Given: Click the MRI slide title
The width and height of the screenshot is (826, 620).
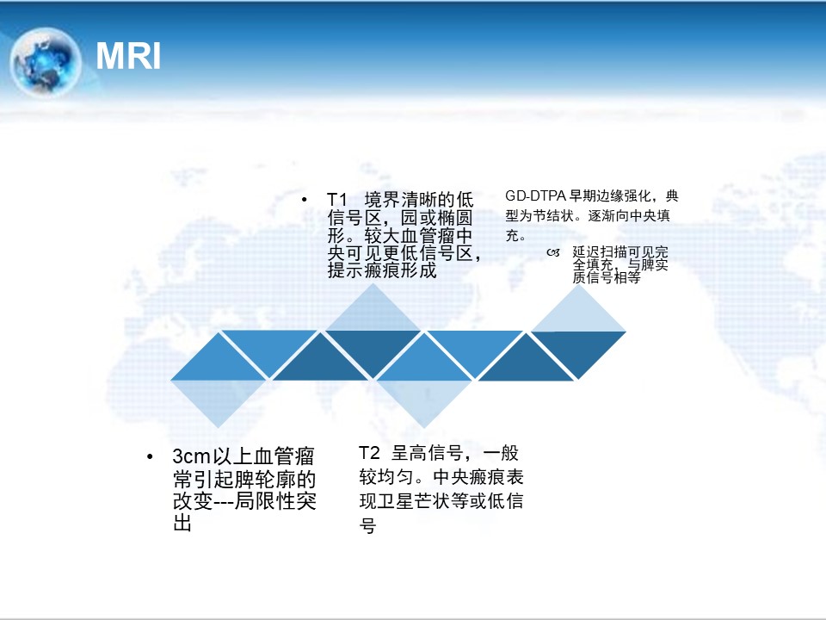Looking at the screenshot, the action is (128, 56).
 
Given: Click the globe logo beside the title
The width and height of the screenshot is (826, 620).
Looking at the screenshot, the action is (46, 62).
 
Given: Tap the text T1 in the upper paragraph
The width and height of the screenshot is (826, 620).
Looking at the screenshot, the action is (337, 201).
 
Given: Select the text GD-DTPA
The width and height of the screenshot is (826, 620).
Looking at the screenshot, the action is (535, 196).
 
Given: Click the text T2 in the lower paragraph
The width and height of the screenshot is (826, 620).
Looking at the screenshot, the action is (369, 453).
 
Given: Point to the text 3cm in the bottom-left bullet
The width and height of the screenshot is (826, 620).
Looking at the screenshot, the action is (192, 456).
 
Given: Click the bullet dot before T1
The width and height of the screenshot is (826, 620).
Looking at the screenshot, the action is (304, 200).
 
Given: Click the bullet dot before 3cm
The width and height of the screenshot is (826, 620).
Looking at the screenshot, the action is (150, 456).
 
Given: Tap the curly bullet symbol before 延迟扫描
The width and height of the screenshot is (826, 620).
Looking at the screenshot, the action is (553, 252).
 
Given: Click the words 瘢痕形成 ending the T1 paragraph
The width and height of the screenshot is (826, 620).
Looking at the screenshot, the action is (400, 270).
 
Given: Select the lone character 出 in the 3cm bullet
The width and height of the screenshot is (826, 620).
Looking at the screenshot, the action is (182, 523).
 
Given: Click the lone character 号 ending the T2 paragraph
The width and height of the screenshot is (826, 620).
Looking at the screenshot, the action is (367, 525).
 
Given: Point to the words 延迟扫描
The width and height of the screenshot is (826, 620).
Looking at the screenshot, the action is (600, 252).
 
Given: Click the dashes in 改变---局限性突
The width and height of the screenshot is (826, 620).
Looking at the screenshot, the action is (222, 501).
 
